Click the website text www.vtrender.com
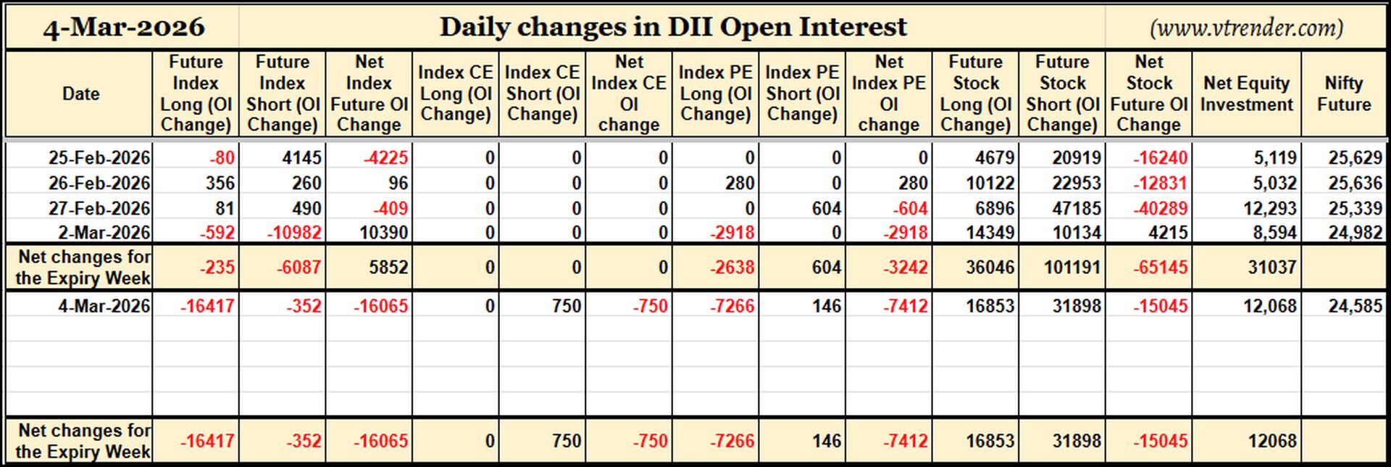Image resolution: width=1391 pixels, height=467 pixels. pos(1246,28)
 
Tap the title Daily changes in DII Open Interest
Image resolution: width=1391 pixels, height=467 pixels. pos(673,27)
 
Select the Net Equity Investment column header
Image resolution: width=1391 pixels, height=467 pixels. pos(1246,94)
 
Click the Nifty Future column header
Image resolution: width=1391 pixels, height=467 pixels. pos(1344,94)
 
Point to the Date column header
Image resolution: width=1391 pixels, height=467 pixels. pos(80,94)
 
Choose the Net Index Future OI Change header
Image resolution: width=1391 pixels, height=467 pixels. pos(369,94)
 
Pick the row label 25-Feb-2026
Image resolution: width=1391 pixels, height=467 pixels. pos(99,157)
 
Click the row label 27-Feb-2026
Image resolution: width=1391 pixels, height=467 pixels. pos(99,208)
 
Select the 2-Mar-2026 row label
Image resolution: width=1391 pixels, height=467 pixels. pos(105,233)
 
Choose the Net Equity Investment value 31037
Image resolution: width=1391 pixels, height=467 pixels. pos(1272,267)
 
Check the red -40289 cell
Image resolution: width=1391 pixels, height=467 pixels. pos(1161,208)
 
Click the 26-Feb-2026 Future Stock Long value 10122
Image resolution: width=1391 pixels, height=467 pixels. pos(990,183)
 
